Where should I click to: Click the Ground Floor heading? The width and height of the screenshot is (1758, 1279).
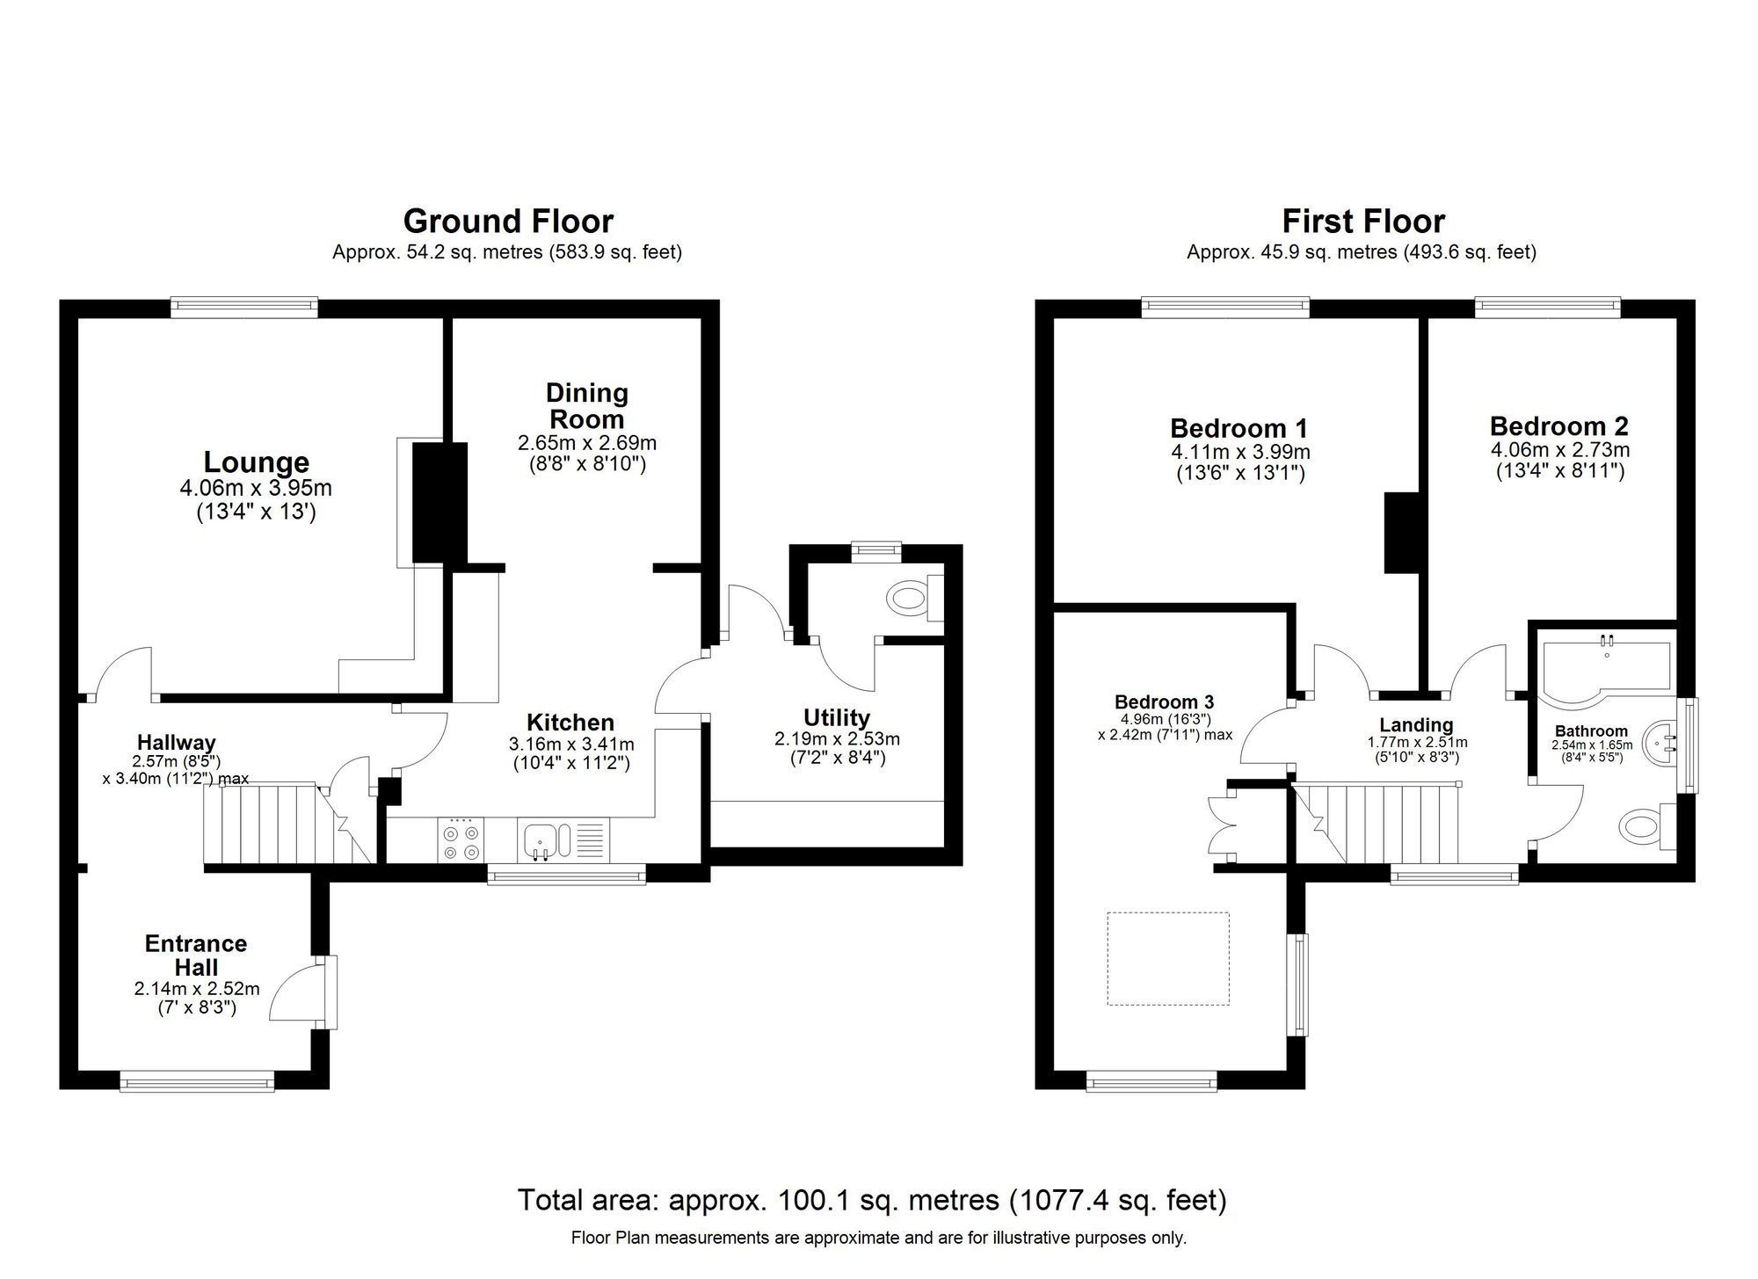coord(508,221)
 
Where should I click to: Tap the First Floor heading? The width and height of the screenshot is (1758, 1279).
coord(1362,221)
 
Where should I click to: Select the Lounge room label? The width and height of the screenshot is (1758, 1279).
coord(256,462)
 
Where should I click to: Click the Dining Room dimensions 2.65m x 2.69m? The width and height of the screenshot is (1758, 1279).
coord(586,443)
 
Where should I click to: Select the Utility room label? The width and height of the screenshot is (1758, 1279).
coord(836,717)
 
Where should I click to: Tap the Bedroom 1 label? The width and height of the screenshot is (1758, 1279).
coord(1239,429)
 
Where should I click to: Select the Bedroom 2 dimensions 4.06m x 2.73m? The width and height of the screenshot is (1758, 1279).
coord(1559,450)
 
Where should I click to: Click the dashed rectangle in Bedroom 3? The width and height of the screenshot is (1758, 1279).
coord(1167,958)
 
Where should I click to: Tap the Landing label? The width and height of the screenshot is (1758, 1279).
coord(1415,725)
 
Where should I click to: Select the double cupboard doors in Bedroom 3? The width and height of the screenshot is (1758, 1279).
coord(1220,825)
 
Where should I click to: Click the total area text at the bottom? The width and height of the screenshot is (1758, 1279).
coord(871,1200)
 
